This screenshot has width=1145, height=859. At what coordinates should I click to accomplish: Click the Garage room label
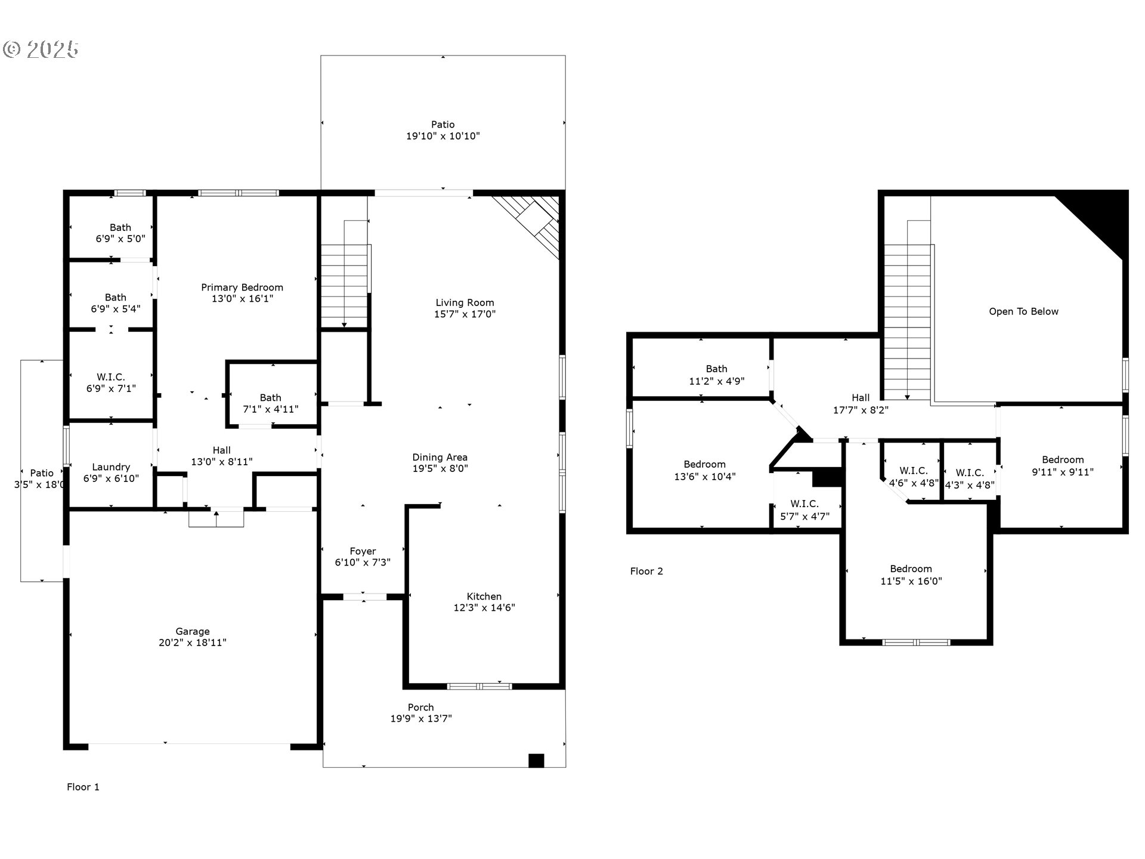[192, 631]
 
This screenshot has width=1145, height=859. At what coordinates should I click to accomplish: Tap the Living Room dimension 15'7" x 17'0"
[465, 314]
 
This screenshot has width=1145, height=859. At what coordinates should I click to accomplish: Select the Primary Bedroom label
[242, 288]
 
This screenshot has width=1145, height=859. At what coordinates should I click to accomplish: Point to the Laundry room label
[111, 467]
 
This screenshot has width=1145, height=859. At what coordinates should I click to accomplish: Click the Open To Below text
[1023, 311]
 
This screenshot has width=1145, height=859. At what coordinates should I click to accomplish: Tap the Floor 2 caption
[646, 571]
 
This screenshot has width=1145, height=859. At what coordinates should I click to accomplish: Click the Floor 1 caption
[83, 787]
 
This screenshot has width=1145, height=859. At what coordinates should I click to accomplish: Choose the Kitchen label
[484, 597]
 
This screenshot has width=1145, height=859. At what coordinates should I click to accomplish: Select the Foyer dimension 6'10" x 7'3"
[363, 563]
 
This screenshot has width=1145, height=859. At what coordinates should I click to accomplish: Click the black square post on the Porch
[536, 761]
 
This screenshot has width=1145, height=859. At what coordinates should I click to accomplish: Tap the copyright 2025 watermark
[41, 50]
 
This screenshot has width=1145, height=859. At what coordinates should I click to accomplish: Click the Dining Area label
[440, 458]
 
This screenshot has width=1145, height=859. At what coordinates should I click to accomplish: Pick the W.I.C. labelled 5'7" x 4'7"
[804, 510]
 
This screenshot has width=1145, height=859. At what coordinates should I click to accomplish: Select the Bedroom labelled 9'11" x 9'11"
[1063, 465]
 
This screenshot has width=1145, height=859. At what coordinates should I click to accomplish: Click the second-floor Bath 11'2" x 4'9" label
[716, 375]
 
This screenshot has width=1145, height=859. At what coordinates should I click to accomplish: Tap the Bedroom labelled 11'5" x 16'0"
[911, 574]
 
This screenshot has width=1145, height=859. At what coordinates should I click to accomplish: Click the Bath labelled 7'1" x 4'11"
[270, 403]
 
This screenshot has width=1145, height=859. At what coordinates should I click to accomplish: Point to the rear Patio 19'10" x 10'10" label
[442, 130]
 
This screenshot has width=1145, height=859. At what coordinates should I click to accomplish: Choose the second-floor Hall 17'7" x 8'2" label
[860, 403]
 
